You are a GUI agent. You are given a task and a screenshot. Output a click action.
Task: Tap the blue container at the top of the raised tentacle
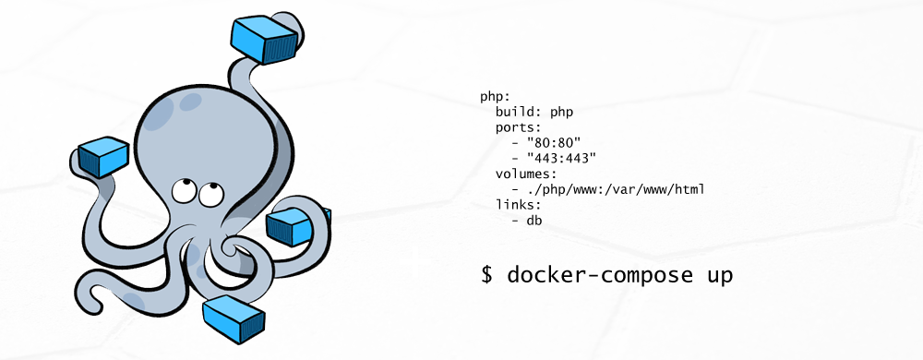(265, 37)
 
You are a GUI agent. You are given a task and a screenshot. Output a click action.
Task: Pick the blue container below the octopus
(234, 318)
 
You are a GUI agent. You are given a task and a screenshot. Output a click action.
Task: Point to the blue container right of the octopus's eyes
(296, 224)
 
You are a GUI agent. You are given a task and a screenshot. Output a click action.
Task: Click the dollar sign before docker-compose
(488, 275)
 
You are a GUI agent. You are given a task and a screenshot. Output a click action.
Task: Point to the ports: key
(518, 127)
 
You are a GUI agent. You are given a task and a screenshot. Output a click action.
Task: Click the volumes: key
(525, 174)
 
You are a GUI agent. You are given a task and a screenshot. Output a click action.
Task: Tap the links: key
(518, 206)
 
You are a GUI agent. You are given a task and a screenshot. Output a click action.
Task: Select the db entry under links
(533, 222)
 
